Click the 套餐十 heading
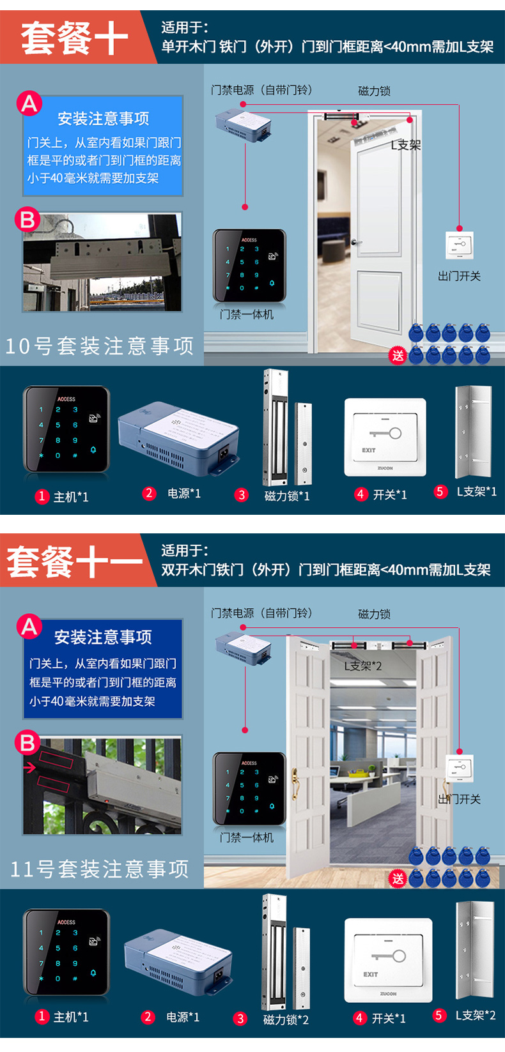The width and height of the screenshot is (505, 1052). (74, 38)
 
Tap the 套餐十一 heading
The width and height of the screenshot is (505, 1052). (74, 561)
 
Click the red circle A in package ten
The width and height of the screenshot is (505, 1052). (29, 103)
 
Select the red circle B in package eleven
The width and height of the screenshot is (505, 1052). (27, 742)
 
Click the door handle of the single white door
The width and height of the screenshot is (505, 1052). (357, 242)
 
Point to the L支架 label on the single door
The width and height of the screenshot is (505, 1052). (406, 145)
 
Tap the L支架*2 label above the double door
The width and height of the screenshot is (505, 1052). (362, 666)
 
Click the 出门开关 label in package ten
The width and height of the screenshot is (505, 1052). (459, 276)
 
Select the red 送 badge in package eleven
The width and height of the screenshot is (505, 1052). (398, 878)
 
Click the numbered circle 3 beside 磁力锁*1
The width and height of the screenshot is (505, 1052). (241, 494)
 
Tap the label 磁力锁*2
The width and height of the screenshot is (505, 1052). (286, 1019)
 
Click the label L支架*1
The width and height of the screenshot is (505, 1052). (476, 492)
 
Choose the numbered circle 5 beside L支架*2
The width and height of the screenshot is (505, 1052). (439, 1015)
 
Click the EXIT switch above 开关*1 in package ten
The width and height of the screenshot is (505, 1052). (385, 438)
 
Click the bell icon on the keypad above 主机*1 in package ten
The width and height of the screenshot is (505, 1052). (93, 450)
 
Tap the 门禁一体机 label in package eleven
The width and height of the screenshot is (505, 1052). (246, 837)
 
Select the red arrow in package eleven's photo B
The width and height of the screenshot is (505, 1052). (29, 768)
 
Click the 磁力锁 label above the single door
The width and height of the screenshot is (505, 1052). (374, 91)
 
